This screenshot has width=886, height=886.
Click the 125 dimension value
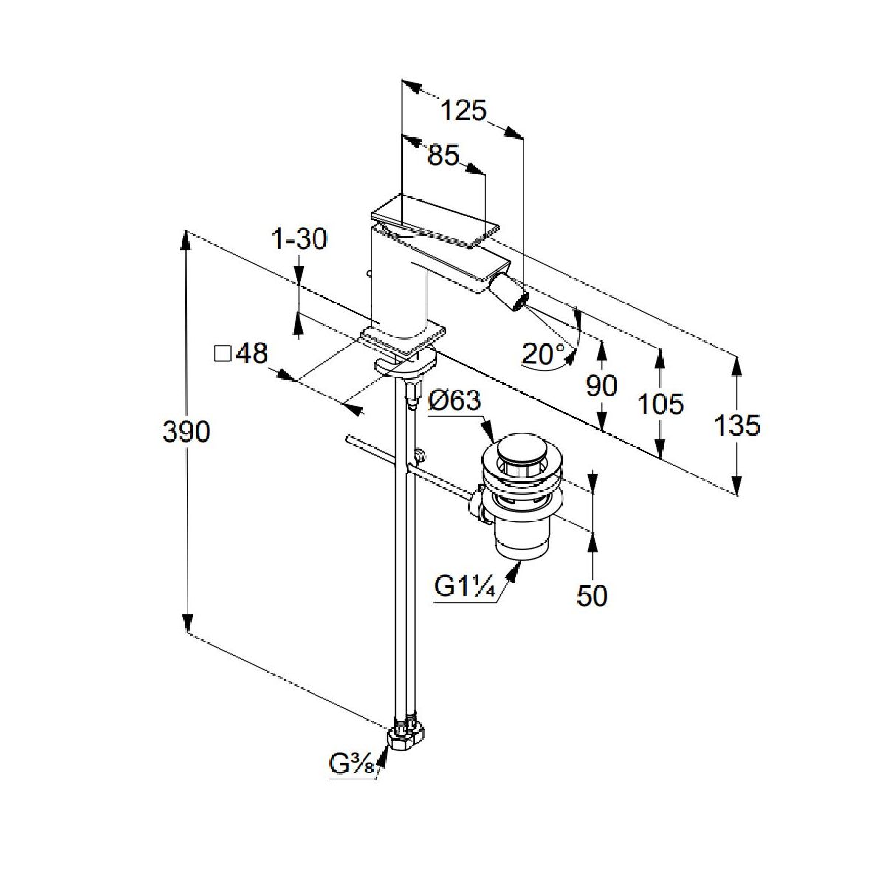point(464,111)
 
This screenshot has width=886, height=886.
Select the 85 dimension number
point(443,156)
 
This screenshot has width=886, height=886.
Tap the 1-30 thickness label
point(299,239)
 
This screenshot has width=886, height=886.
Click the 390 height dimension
point(186,431)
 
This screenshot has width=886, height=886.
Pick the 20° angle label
point(543,354)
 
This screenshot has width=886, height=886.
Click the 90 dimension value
point(602,385)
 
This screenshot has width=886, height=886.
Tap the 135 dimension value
point(738,425)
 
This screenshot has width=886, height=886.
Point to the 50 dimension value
point(591,595)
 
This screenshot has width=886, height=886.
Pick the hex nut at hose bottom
point(407,735)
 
